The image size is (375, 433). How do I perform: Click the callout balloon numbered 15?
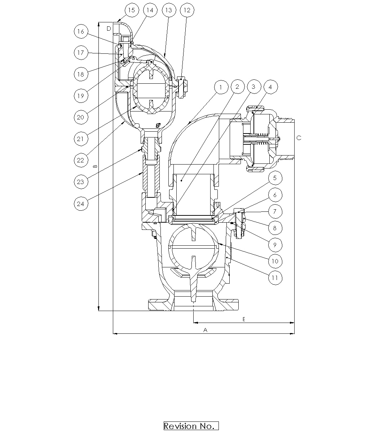pyautogui.click(x=132, y=10)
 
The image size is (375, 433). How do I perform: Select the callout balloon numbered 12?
pyautogui.click(x=186, y=10)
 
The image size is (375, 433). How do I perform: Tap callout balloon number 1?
pyautogui.click(x=221, y=87)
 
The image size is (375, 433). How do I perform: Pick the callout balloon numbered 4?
pyautogui.click(x=271, y=87)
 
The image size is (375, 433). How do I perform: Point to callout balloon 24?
pyautogui.click(x=81, y=204)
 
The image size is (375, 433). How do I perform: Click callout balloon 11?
pyautogui.click(x=275, y=278)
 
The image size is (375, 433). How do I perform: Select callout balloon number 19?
pyautogui.click(x=80, y=96)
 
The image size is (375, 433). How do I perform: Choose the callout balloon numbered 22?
pyautogui.click(x=80, y=160)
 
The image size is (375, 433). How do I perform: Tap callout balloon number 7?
pyautogui.click(x=275, y=211)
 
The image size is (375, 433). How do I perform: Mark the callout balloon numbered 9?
pyautogui.click(x=275, y=245)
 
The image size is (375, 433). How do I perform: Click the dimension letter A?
pyautogui.click(x=206, y=330)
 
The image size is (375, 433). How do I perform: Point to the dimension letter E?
pyautogui.click(x=244, y=319)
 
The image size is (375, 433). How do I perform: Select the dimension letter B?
pyautogui.click(x=95, y=166)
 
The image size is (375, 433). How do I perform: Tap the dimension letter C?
pyautogui.click(x=299, y=138)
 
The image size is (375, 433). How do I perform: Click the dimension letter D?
pyautogui.click(x=109, y=28)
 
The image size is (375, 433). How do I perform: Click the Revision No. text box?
pyautogui.click(x=191, y=426)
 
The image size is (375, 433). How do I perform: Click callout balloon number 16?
pyautogui.click(x=80, y=31)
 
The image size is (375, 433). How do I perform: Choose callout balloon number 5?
pyautogui.click(x=275, y=178)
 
